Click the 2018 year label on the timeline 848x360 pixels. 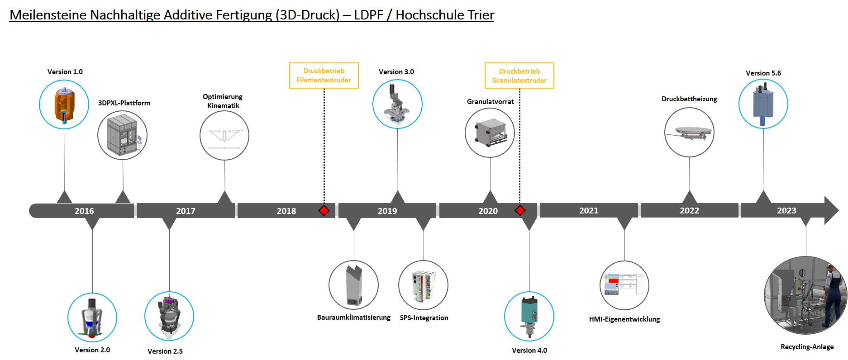286,211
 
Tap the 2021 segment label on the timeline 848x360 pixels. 589,210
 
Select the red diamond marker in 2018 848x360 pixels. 324,210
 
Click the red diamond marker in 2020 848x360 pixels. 520,210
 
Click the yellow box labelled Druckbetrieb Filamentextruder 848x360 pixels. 324,76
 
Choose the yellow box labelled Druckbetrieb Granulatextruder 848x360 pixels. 519,76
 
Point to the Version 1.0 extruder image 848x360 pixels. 64,104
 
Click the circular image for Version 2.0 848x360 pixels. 92,317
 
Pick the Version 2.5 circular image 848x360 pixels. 169,316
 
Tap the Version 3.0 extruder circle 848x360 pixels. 397,104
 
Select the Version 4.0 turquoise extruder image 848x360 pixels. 529,316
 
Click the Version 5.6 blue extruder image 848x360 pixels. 763,104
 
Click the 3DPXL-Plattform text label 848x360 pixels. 124,103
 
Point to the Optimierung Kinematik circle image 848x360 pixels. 224,135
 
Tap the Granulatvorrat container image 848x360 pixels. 490,133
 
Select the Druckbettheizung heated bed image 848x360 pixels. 689,132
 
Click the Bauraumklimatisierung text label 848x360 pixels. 354,317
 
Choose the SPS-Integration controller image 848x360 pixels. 424,285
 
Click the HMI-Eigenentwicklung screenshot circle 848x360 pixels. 624,285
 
